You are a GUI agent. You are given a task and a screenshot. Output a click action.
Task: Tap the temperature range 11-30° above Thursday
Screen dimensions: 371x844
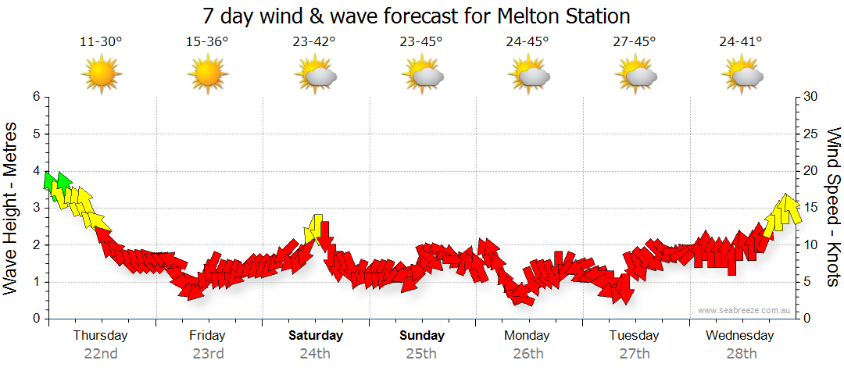(x=101, y=41)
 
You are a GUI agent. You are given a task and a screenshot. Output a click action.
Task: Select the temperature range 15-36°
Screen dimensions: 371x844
(x=207, y=41)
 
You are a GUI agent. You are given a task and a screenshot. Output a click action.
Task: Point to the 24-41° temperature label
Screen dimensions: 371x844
(x=741, y=41)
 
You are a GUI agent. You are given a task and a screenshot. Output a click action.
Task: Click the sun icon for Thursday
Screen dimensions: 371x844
(x=102, y=75)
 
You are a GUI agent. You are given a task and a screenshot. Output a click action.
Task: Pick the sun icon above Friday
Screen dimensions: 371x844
(x=208, y=75)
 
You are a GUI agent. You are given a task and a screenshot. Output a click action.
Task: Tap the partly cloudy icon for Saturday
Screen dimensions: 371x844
(x=315, y=75)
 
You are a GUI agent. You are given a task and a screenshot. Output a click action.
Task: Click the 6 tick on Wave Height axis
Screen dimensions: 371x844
(x=36, y=97)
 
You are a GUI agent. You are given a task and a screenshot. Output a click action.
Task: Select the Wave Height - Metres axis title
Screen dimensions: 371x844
(x=12, y=208)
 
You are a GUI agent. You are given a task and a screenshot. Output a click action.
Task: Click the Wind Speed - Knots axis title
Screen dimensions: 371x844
(x=833, y=208)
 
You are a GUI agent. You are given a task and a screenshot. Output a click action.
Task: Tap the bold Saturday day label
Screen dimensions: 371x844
(x=315, y=336)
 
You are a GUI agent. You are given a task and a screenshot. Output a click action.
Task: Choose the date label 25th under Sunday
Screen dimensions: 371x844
(x=421, y=353)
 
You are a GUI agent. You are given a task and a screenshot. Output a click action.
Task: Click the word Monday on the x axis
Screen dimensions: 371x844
(x=527, y=336)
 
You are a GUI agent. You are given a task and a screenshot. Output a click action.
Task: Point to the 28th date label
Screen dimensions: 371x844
(x=741, y=353)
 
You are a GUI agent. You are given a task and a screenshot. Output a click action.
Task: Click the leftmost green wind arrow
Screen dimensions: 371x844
(x=49, y=181)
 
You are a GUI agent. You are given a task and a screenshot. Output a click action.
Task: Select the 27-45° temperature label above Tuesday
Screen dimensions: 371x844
(x=635, y=41)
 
